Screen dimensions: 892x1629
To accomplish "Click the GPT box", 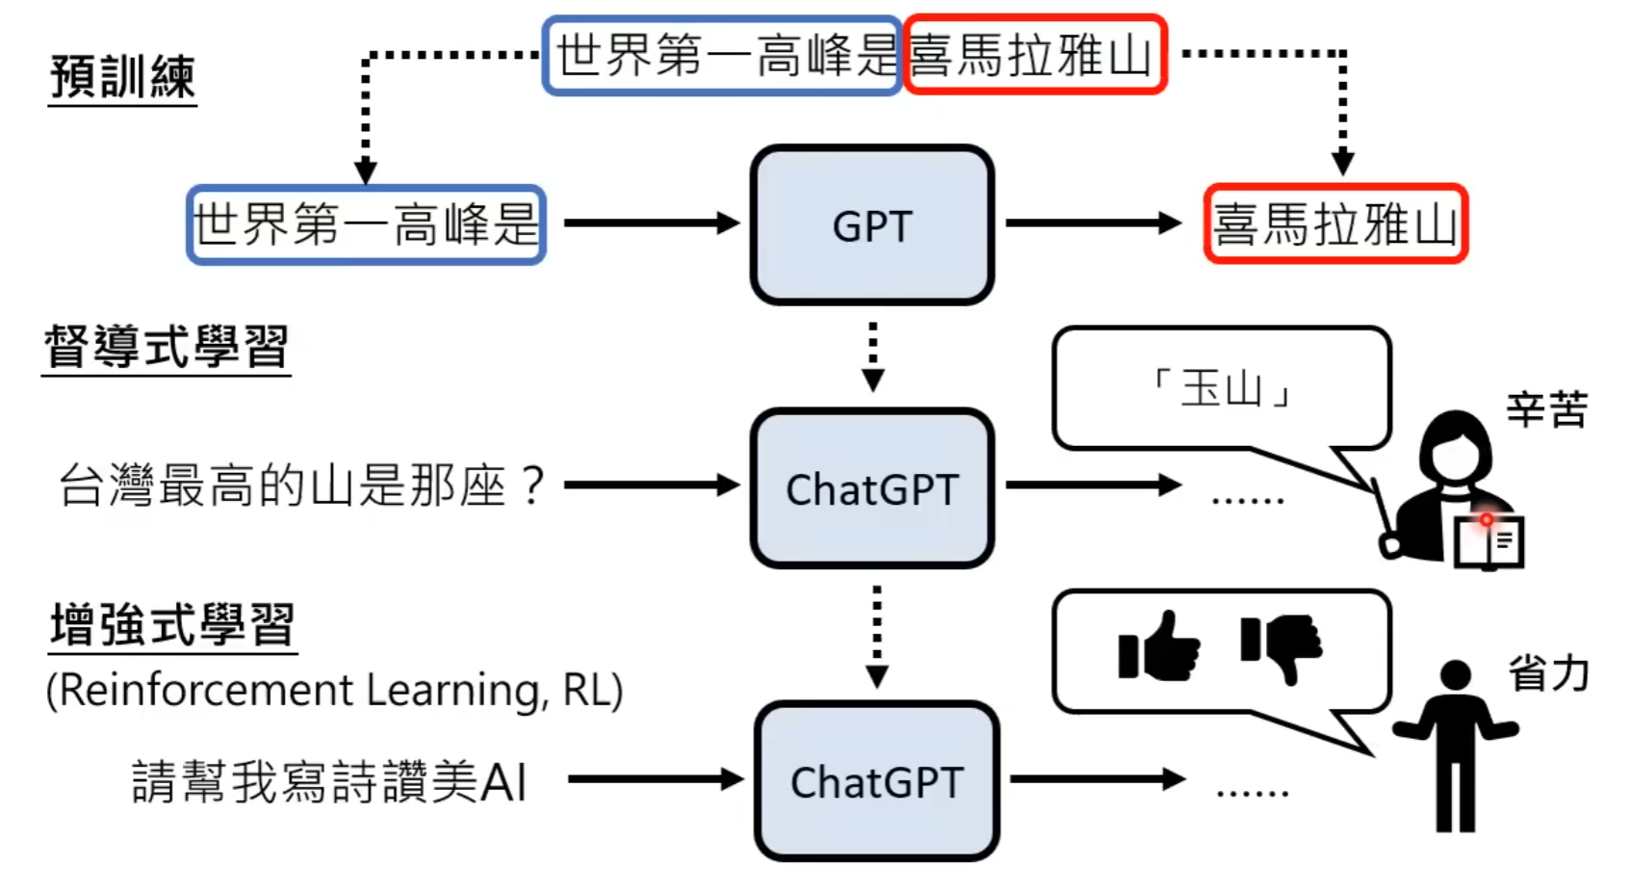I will (871, 225).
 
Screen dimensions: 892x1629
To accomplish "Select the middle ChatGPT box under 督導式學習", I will (871, 488).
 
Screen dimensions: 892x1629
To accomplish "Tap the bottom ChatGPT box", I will (876, 781).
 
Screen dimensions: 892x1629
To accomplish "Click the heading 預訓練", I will (122, 77).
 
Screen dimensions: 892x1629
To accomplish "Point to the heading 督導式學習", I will (166, 347).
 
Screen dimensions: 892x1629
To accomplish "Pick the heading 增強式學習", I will (172, 625).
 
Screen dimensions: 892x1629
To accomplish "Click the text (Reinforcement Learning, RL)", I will (334, 691).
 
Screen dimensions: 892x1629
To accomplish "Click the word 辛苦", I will (1546, 410).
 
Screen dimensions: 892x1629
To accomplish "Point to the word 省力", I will (1547, 673).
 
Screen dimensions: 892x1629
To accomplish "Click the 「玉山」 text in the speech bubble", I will (1222, 389).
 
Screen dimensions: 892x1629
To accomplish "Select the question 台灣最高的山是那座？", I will (301, 485).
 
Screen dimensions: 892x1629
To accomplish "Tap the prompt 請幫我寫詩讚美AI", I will (329, 781).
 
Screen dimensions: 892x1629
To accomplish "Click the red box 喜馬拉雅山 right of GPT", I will (1334, 224).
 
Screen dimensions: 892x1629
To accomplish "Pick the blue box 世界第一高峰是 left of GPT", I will (366, 224).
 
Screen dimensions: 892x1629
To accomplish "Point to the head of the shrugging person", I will (1455, 674).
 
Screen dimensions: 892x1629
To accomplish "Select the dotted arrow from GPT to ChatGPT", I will (872, 355).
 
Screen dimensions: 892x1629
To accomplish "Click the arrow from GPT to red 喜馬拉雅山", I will (1093, 223).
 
